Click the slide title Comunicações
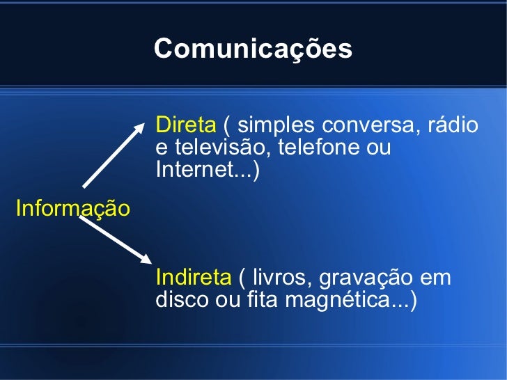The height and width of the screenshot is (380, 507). pos(253,49)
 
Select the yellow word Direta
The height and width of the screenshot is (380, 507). pos(186,125)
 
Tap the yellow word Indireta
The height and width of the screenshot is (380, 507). pos(193,278)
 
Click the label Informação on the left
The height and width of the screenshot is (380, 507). pos(72,208)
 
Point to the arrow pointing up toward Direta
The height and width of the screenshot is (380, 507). pos(116,155)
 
